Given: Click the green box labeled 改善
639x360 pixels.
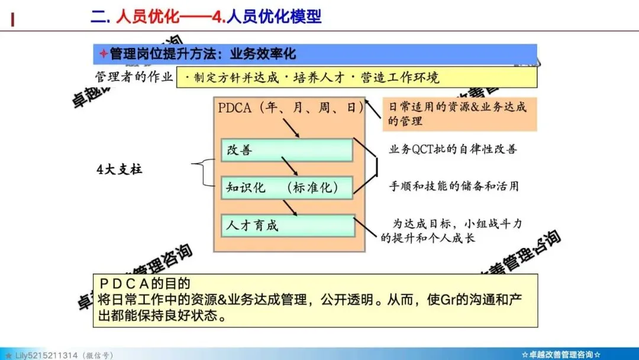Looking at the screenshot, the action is coord(287,150).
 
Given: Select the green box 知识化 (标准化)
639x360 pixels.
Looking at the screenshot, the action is coord(287,188).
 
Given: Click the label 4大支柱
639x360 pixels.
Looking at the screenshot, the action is coord(120,169).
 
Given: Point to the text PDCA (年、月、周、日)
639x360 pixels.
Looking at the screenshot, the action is coord(290,108).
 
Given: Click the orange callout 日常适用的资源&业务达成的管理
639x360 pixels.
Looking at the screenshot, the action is coord(459,114).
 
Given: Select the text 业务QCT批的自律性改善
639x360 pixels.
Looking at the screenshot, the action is coord(453,149).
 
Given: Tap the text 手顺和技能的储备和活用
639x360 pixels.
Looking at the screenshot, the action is coord(454,186).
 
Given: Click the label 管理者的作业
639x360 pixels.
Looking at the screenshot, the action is coord(134,77).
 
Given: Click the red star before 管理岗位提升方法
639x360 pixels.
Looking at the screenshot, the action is coord(103,54).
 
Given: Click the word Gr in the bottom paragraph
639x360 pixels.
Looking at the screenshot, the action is coord(450,299).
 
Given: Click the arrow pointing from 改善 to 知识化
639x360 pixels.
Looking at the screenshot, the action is coord(289,166).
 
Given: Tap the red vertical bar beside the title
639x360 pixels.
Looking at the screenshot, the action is coord(13,20).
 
